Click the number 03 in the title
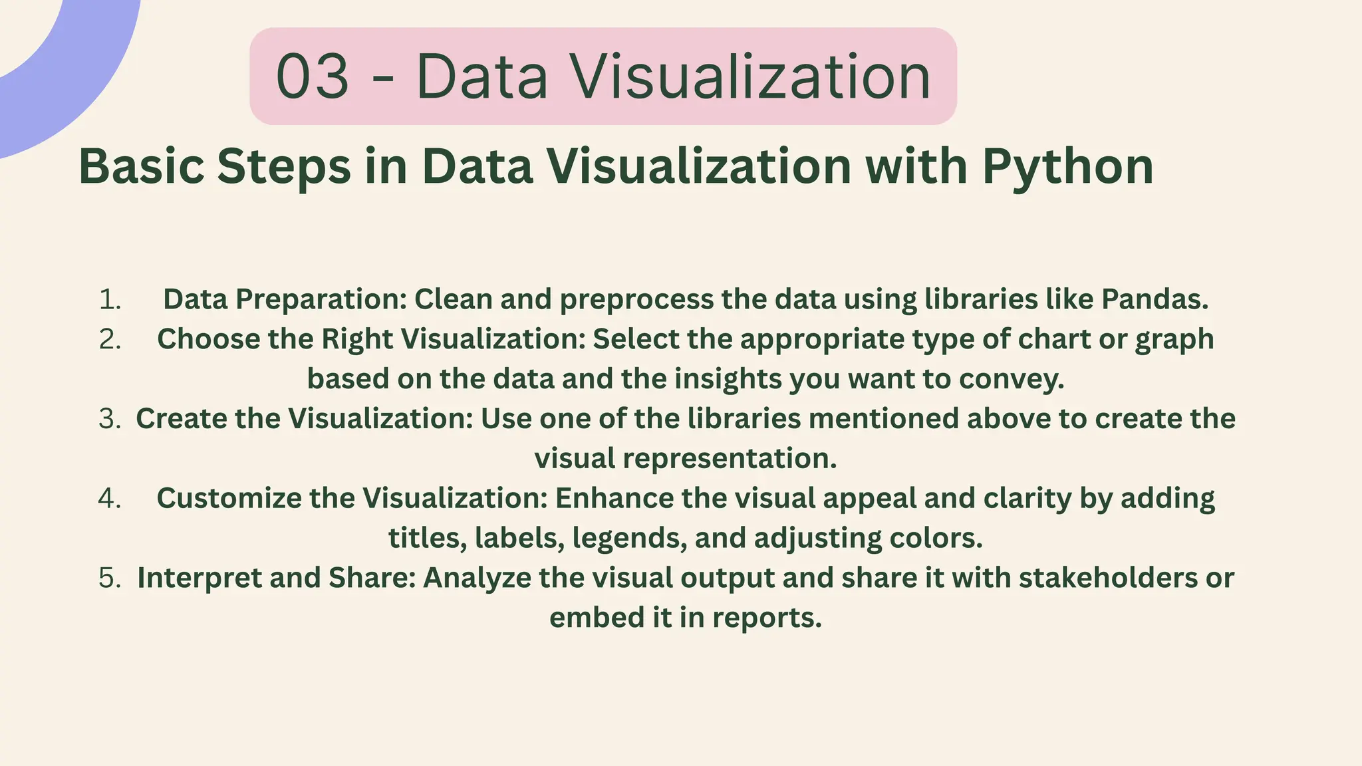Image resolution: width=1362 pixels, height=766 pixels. tap(312, 77)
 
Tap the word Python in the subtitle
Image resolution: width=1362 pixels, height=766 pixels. tap(1067, 166)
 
